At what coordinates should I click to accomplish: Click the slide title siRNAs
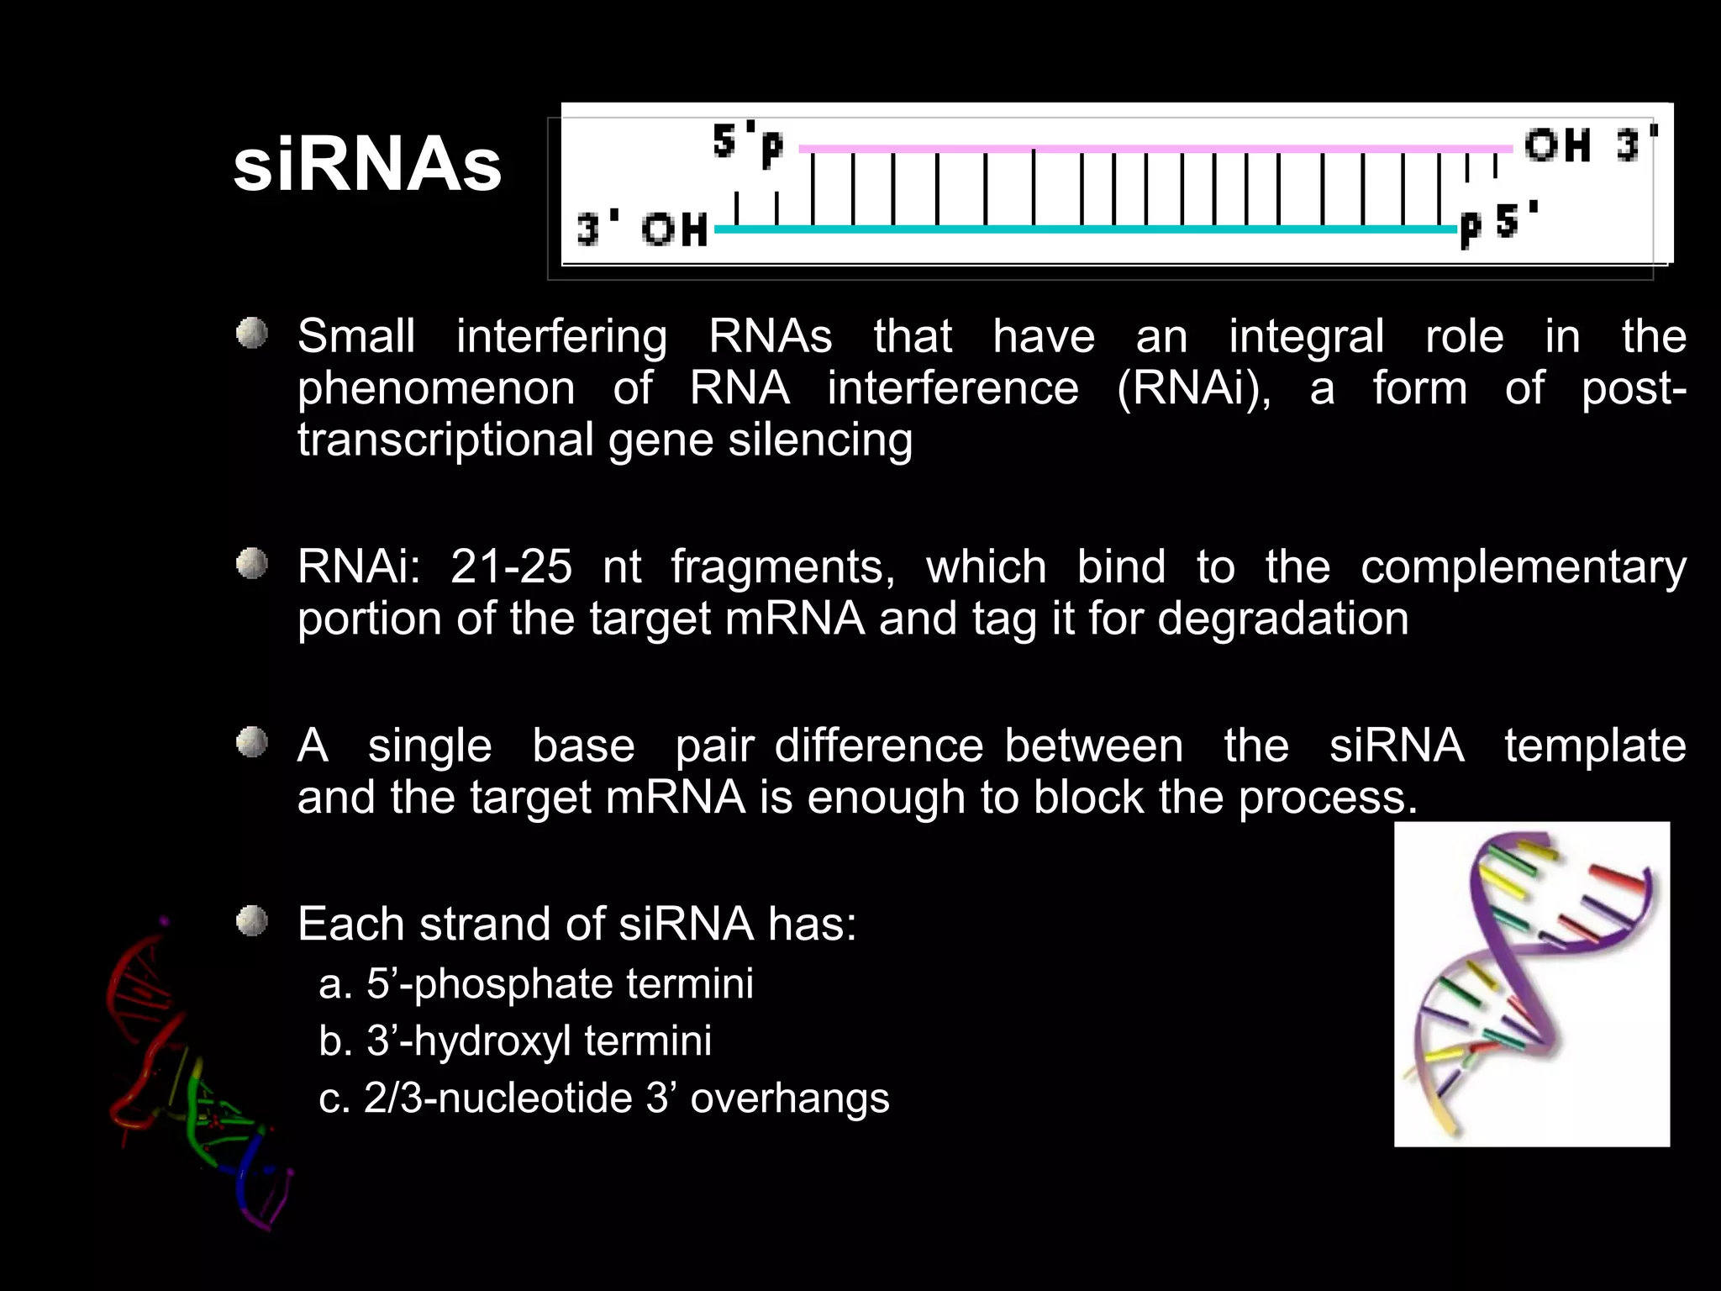click(x=367, y=166)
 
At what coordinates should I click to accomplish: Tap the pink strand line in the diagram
click(x=1151, y=150)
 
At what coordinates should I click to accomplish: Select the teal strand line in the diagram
click(x=1084, y=229)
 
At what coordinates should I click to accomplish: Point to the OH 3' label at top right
click(x=1591, y=145)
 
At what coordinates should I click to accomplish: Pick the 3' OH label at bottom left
click(x=642, y=229)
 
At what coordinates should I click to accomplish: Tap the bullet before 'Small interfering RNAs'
click(x=251, y=334)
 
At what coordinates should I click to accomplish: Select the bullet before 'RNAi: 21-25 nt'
click(x=251, y=564)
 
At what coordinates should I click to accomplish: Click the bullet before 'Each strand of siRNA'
click(x=251, y=921)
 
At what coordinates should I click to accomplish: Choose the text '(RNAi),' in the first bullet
click(x=1194, y=388)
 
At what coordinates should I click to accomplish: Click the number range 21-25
click(x=511, y=566)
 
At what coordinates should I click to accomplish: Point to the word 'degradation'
click(x=1282, y=619)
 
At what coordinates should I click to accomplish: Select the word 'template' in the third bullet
click(x=1594, y=746)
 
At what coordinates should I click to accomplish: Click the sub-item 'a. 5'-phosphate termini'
click(x=536, y=983)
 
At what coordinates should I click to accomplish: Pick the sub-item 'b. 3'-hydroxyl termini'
click(x=515, y=1041)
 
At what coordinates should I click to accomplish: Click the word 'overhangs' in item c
click(x=789, y=1098)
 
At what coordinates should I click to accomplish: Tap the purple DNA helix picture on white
click(x=1531, y=984)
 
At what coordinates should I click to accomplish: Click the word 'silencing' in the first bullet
click(x=820, y=440)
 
